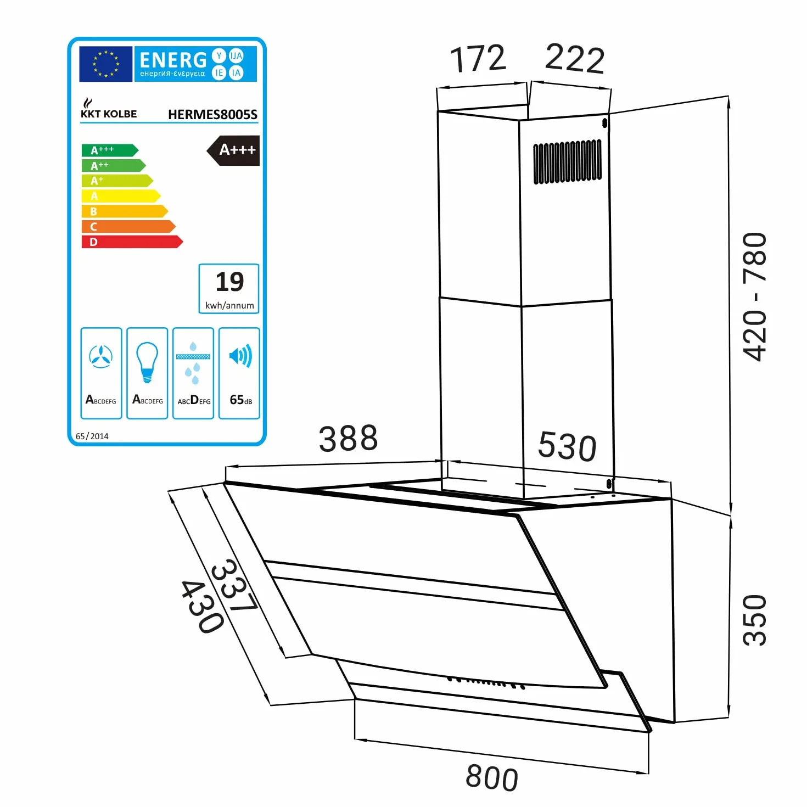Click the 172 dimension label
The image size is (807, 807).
pyautogui.click(x=478, y=58)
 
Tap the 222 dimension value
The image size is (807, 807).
pyautogui.click(x=575, y=59)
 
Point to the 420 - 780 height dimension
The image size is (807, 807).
pyautogui.click(x=754, y=296)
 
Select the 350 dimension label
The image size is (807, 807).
pyautogui.click(x=754, y=620)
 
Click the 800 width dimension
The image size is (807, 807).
pyautogui.click(x=492, y=778)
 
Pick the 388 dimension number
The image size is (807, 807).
pyautogui.click(x=348, y=439)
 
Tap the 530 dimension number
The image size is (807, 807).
pyautogui.click(x=567, y=446)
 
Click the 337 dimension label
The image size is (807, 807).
pyautogui.click(x=234, y=585)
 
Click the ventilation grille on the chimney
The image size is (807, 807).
pyautogui.click(x=568, y=162)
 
